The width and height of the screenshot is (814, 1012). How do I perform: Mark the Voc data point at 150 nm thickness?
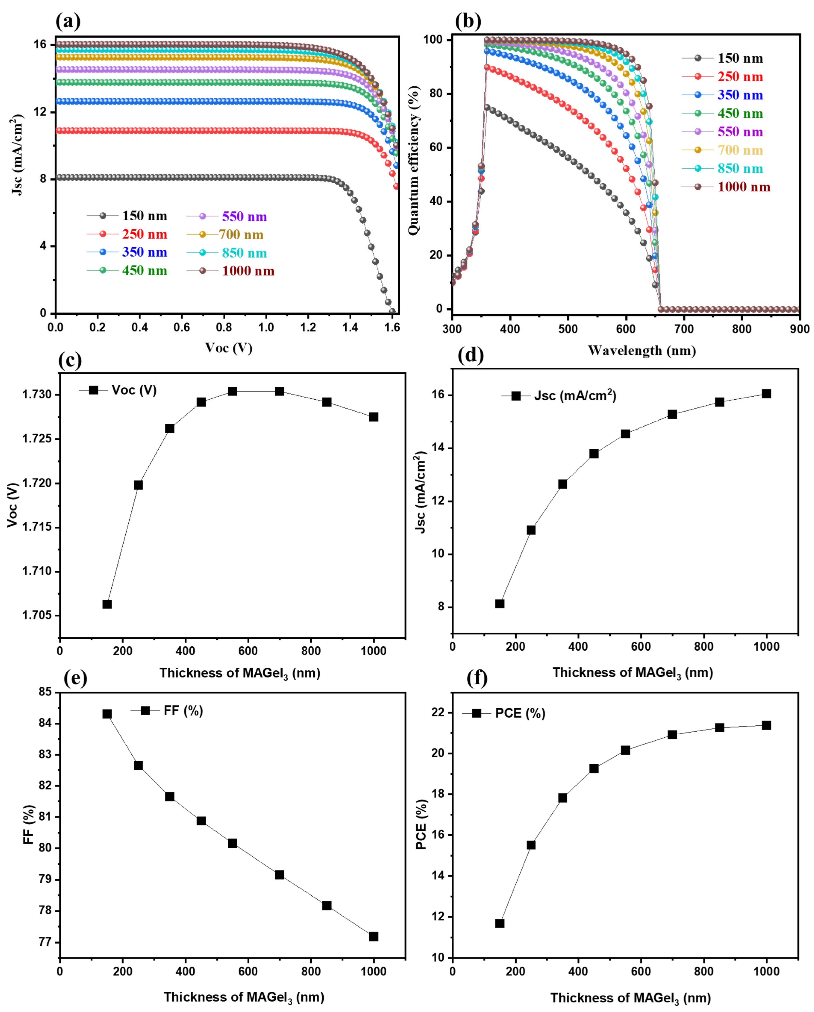[x=107, y=604]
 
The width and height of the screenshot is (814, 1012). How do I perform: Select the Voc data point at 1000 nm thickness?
[x=373, y=417]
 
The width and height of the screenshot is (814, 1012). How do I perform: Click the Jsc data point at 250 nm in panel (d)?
[x=531, y=530]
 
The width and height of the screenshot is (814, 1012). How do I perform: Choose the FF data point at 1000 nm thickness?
[x=373, y=936]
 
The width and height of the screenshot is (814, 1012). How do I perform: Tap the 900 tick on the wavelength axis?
[x=799, y=329]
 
